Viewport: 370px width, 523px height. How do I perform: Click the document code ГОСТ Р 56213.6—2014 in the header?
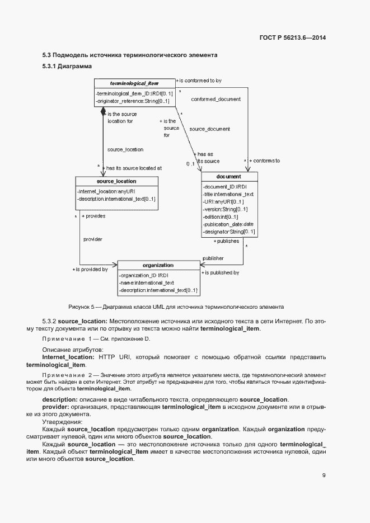point(293,38)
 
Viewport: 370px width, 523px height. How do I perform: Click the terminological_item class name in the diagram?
point(134,83)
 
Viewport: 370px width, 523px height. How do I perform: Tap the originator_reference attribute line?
point(133,101)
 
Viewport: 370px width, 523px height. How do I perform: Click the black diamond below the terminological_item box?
point(103,112)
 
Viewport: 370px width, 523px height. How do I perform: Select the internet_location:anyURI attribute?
point(104,191)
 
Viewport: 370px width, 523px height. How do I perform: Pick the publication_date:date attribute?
point(228,224)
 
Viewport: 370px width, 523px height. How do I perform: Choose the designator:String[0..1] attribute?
point(229,232)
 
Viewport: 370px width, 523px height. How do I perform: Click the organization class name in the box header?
point(158,265)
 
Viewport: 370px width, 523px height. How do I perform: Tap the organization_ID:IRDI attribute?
point(144,275)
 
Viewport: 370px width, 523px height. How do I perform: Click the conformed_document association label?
point(216,99)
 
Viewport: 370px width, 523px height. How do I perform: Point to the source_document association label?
point(209,129)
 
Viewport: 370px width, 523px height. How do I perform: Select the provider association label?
point(93,239)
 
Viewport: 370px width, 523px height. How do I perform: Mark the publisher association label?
point(213,258)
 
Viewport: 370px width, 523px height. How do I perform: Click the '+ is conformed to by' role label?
point(199,81)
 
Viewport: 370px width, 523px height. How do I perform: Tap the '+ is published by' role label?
point(221,272)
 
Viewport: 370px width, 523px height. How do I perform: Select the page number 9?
point(324,475)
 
